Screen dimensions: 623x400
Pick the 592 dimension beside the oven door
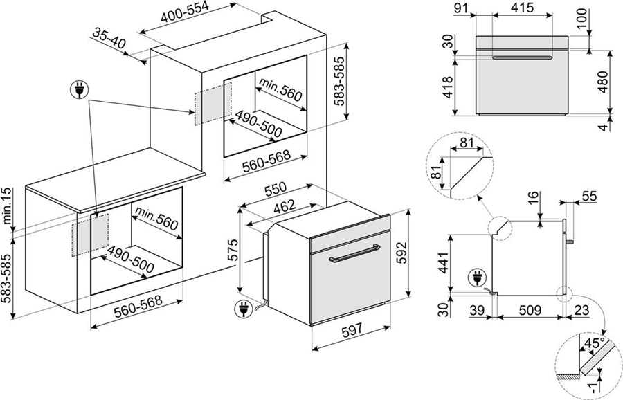(401, 252)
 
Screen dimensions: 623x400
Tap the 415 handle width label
(521, 7)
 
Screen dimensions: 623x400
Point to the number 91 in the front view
(461, 7)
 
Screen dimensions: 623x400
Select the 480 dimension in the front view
(603, 82)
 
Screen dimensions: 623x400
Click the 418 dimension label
(447, 87)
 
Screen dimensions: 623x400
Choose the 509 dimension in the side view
(530, 310)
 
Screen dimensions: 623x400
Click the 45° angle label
(595, 343)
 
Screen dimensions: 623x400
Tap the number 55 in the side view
(589, 197)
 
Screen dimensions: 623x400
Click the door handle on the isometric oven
(354, 254)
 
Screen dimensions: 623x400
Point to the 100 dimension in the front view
(581, 19)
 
